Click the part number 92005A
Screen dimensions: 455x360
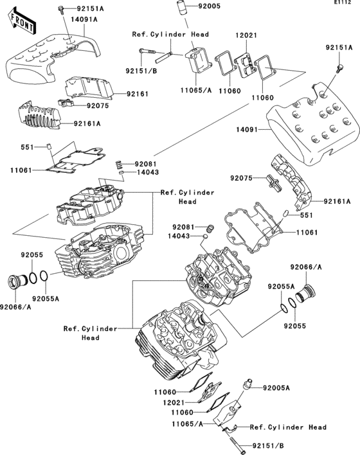pyautogui.click(x=276, y=388)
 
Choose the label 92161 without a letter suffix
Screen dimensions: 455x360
pyautogui.click(x=137, y=94)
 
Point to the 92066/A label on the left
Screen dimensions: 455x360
pyautogui.click(x=16, y=308)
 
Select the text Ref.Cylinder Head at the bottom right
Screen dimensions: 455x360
pyautogui.click(x=287, y=427)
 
